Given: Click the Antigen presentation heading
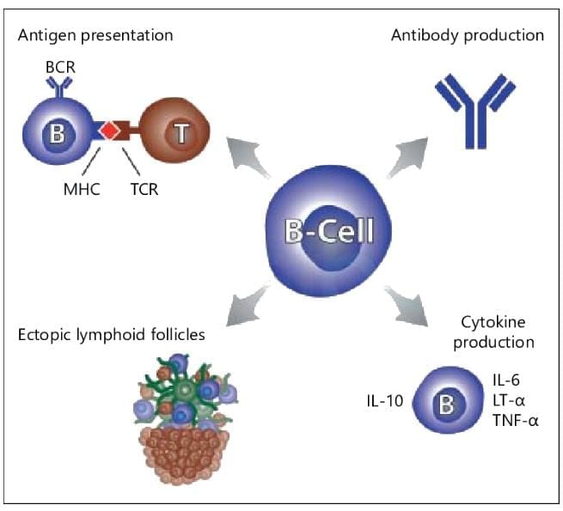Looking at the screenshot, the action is [x=95, y=36].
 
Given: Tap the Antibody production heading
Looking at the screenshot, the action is [x=468, y=36].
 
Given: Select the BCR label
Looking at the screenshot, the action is [x=60, y=67].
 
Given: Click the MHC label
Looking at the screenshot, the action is [x=82, y=189].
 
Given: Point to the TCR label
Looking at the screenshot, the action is [x=144, y=189].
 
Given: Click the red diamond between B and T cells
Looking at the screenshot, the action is [x=109, y=131].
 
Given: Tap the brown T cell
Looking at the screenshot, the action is [x=174, y=131].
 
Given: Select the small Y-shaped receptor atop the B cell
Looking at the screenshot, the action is [x=59, y=88].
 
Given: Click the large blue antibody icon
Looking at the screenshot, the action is [x=475, y=112].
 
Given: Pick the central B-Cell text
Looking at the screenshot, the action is [x=329, y=231].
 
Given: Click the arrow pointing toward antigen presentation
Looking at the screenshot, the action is [x=247, y=157].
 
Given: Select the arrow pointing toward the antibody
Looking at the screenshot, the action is [x=407, y=157].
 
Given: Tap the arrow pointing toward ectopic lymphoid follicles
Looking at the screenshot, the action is [x=248, y=306].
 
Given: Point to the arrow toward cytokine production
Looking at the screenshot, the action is [x=407, y=306].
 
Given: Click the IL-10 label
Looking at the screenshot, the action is [x=385, y=401].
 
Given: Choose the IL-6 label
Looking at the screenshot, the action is [x=506, y=380].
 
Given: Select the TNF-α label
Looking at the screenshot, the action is [x=516, y=420].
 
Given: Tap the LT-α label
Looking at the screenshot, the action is [x=509, y=400].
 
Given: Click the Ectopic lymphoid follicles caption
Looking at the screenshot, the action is [x=111, y=335].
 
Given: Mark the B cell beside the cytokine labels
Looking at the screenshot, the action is [x=448, y=400].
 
